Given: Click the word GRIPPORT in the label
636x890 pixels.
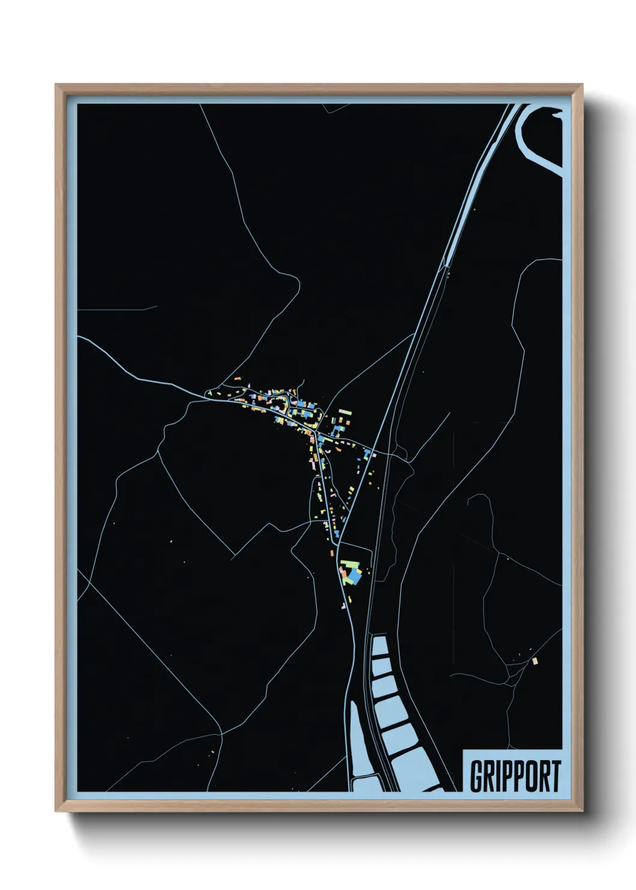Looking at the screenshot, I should (515, 776).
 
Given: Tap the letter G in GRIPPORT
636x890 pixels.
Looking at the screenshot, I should (475, 776).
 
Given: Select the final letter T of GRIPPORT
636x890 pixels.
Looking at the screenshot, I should (555, 776).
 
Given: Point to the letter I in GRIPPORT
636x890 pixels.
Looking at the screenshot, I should (497, 776).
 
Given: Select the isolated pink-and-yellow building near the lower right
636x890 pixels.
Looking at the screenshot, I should (534, 661).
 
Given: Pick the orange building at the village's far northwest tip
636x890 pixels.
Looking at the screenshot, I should (238, 378).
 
